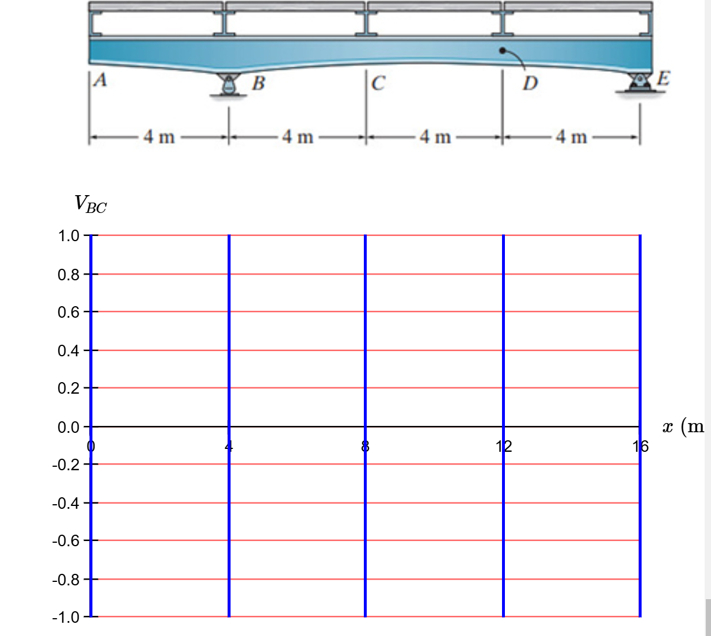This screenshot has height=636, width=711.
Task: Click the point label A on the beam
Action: coord(100,79)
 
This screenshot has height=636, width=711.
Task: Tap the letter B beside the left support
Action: coord(258,83)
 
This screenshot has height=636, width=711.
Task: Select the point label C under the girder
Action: coord(378,83)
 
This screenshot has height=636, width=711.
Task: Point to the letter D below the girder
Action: coord(530,83)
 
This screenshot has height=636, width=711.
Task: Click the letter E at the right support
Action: coord(663,78)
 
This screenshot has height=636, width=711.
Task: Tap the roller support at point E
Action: coord(638,83)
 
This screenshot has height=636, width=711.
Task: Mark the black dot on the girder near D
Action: coord(503,51)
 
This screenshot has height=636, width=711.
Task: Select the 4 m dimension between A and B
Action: coord(159,137)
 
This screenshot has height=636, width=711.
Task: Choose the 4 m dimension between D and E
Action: coord(571,137)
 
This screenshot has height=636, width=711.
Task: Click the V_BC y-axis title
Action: coord(90,204)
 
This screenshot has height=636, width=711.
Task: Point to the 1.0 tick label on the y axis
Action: coord(69,236)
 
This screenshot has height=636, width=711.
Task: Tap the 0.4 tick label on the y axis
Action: coord(69,351)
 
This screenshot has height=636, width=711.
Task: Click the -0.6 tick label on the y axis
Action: coord(66,541)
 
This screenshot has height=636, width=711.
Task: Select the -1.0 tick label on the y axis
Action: coord(66,618)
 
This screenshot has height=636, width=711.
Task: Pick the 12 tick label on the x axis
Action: coord(503,446)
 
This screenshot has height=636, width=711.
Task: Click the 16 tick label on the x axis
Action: coord(640,446)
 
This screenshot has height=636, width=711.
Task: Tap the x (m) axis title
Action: coord(683,426)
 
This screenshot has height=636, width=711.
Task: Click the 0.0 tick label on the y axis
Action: coord(69,427)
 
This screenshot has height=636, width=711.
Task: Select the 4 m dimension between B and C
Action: coord(298,137)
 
